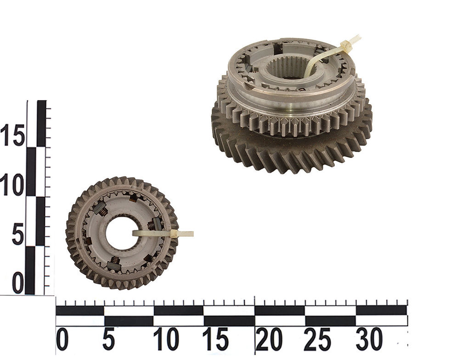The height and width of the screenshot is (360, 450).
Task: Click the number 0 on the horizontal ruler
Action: pos(62,340)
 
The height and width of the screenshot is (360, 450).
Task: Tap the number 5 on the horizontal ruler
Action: pos(108,340)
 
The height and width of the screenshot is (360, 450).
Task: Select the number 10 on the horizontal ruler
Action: pos(166,340)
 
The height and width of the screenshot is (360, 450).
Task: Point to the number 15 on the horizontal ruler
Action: pos(215,340)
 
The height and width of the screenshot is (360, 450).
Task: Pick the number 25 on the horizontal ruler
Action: pos(317,340)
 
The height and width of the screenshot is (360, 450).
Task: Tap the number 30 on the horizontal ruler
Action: pos(369,340)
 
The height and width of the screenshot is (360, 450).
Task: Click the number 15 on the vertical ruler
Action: pos(13,135)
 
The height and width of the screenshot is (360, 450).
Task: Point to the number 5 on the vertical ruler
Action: pos(18,235)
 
